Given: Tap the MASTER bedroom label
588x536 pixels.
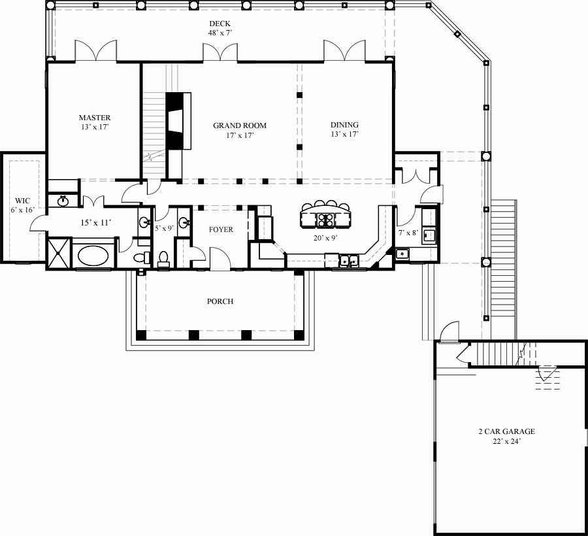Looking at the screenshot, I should tap(95, 118).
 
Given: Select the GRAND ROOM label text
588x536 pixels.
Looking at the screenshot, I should tap(240, 126).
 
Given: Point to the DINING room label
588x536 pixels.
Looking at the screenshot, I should tap(344, 126).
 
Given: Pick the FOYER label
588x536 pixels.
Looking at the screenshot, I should tap(221, 230).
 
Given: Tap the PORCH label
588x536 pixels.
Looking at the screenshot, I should tap(220, 301).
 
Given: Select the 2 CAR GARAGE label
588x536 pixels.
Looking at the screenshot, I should tap(506, 431).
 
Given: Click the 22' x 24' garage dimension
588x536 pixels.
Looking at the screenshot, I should tap(506, 441).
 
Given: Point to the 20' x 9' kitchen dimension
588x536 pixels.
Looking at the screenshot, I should tap(325, 239).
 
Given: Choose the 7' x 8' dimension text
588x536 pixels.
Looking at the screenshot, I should tap(408, 233).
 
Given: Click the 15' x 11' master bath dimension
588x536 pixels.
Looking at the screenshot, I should tap(95, 223).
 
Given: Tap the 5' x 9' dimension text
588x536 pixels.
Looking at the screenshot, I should tap(163, 228).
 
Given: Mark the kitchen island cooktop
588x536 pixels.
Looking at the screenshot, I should tap(325, 219).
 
